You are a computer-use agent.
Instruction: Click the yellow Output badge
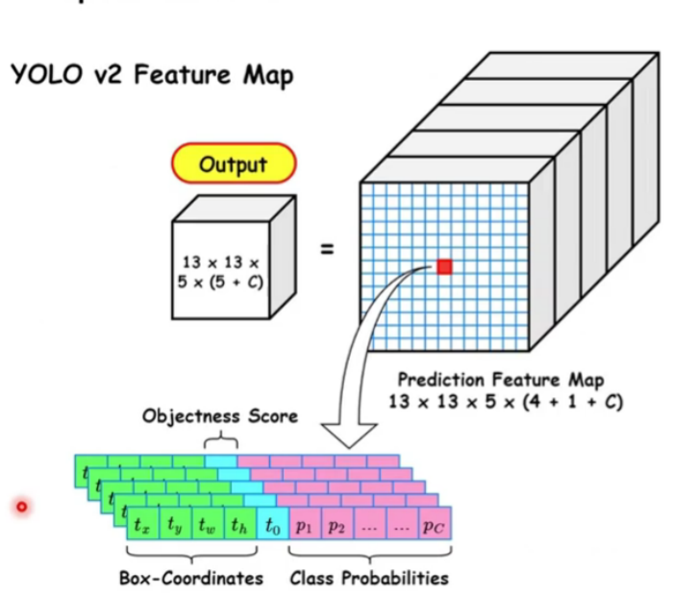coord(233,164)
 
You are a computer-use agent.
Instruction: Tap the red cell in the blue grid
coord(443,266)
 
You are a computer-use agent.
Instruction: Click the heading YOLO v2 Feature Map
coord(151,76)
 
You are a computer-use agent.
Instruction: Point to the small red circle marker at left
coord(21,506)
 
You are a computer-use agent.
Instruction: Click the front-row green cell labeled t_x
coord(142,526)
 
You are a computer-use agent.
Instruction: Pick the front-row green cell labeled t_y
coord(174,526)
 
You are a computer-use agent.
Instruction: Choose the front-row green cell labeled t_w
coord(207,526)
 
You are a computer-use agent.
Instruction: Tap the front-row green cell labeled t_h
coord(239,526)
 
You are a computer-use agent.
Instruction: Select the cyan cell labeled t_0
coord(273,526)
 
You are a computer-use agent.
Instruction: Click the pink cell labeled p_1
coord(305,526)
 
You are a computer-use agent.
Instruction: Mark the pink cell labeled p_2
coord(336,526)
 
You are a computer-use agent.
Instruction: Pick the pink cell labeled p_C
coord(434,526)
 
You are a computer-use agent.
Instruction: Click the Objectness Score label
coord(220,416)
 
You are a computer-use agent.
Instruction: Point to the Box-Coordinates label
coord(191,578)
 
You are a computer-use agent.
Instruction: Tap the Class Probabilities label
coord(369,578)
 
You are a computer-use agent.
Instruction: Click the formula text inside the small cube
coord(222,271)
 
